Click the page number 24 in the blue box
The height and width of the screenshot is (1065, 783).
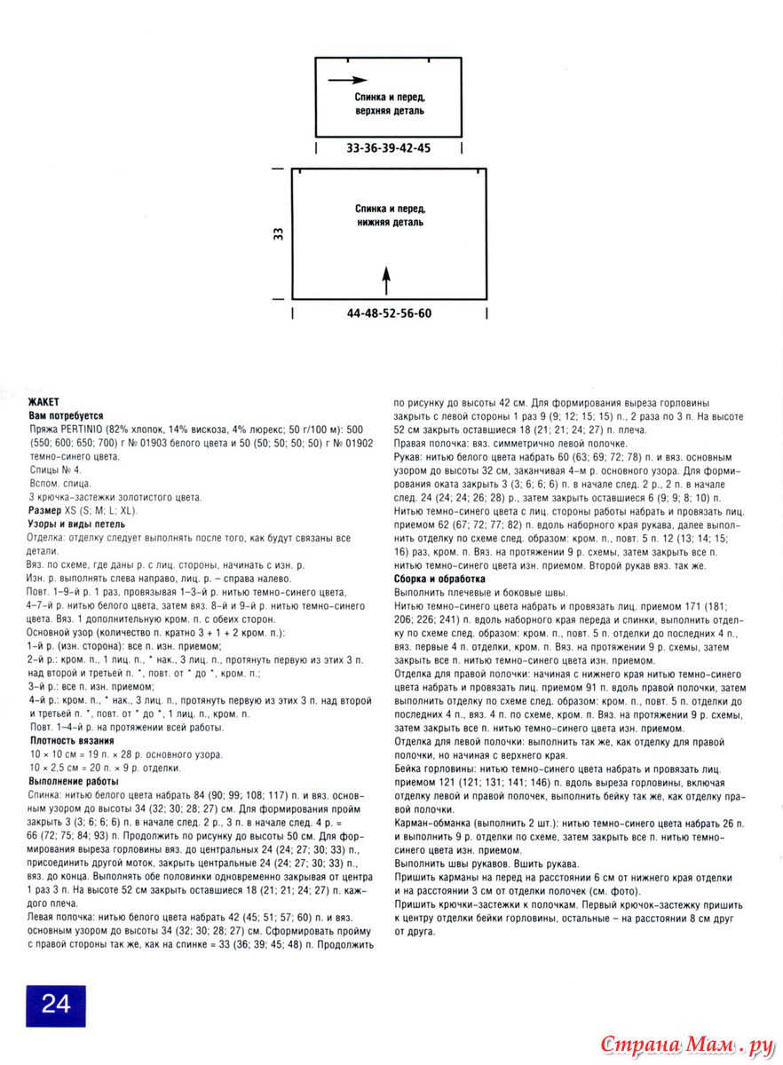[x=55, y=1004]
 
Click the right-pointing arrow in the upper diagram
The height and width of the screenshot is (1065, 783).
[x=347, y=80]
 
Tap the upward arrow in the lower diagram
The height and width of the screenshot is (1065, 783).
[x=386, y=279]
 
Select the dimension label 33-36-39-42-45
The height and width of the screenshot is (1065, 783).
[x=388, y=148]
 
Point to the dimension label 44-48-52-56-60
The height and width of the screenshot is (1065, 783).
[x=389, y=313]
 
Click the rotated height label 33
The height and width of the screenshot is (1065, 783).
[x=278, y=234]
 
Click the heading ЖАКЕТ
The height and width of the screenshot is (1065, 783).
[x=44, y=402]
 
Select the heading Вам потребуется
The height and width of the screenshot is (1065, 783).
[x=67, y=414]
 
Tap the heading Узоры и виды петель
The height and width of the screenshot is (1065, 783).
[x=77, y=525]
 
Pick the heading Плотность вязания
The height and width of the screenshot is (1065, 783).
[x=72, y=740]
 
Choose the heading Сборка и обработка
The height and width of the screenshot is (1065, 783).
[x=439, y=579]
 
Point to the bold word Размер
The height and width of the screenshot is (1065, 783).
[x=45, y=511]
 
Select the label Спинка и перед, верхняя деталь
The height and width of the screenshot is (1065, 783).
[x=389, y=104]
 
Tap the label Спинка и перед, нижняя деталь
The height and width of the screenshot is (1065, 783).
[x=389, y=216]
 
